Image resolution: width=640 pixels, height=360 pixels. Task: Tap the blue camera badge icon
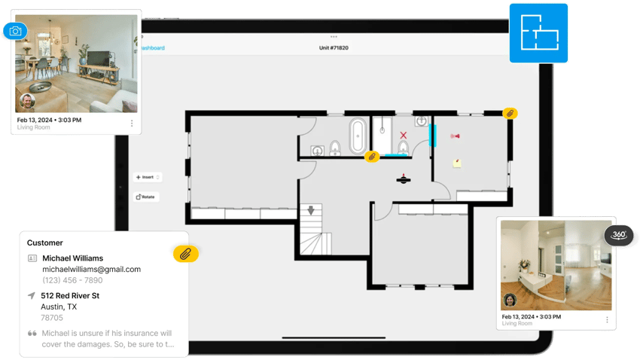click(x=15, y=32)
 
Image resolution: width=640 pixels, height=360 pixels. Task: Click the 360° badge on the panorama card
click(x=618, y=235)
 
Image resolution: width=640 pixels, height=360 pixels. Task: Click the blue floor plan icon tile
click(x=538, y=32)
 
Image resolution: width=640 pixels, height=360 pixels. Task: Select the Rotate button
click(x=146, y=197)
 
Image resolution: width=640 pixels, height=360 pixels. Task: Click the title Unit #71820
click(x=334, y=48)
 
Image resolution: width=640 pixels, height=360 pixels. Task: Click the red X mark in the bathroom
click(x=404, y=136)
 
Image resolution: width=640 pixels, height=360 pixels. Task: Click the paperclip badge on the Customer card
click(x=185, y=253)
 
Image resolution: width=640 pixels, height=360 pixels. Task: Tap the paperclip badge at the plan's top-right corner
click(x=510, y=113)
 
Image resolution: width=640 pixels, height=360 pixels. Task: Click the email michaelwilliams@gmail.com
click(x=91, y=269)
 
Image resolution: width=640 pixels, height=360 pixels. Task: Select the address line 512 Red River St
click(x=70, y=295)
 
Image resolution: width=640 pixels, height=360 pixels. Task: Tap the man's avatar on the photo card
click(x=27, y=101)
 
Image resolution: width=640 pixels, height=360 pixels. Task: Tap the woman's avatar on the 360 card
click(x=510, y=300)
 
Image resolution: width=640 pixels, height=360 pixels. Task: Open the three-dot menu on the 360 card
click(x=607, y=319)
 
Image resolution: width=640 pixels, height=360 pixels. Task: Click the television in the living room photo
click(x=99, y=58)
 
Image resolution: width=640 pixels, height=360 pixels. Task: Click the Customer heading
click(x=45, y=243)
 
